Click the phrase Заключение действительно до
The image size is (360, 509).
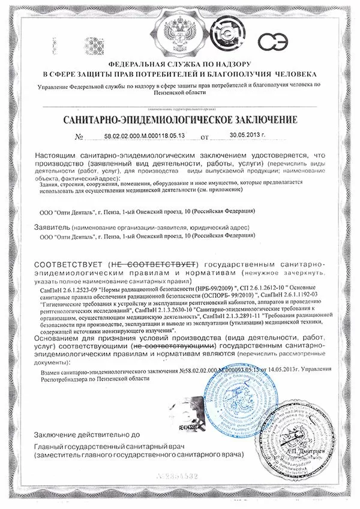(x=86, y=433)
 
